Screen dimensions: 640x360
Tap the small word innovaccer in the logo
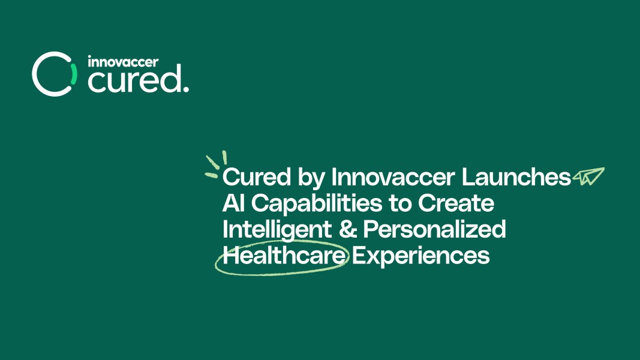[123, 62]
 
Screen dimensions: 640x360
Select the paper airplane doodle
[588, 176]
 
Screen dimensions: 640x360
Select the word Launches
[516, 177]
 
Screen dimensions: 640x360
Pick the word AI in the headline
[234, 203]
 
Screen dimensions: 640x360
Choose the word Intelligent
[277, 230]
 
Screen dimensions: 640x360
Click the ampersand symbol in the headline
[348, 229]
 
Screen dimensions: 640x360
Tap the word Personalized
[434, 229]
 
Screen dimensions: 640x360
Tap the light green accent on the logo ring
[73, 74]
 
